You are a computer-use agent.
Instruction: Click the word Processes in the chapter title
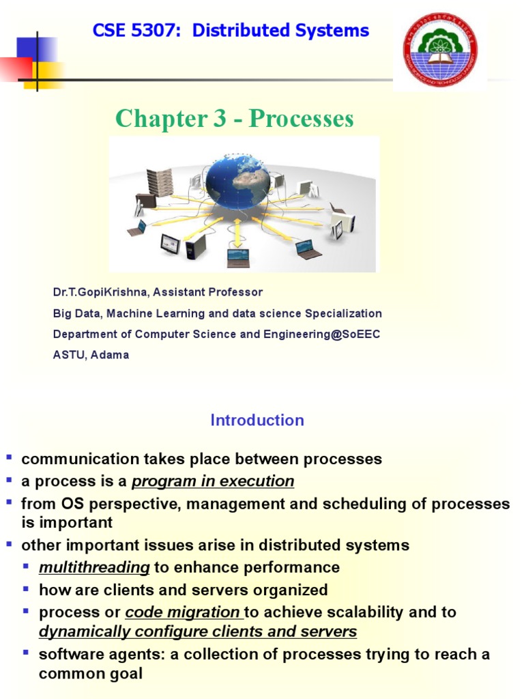pyautogui.click(x=301, y=119)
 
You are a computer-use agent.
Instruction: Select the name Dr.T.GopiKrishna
pyautogui.click(x=101, y=292)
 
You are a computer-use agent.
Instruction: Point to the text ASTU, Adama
pyautogui.click(x=91, y=355)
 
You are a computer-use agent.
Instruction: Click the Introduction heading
pyautogui.click(x=257, y=420)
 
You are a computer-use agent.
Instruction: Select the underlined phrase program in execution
pyautogui.click(x=213, y=481)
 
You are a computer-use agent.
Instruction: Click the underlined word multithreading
pyautogui.click(x=94, y=567)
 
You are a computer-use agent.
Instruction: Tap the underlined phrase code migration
pyautogui.click(x=183, y=612)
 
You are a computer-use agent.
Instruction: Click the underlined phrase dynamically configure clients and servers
pyautogui.click(x=198, y=631)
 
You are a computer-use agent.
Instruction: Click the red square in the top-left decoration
pyautogui.click(x=15, y=69)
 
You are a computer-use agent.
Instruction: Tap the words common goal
pyautogui.click(x=91, y=674)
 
